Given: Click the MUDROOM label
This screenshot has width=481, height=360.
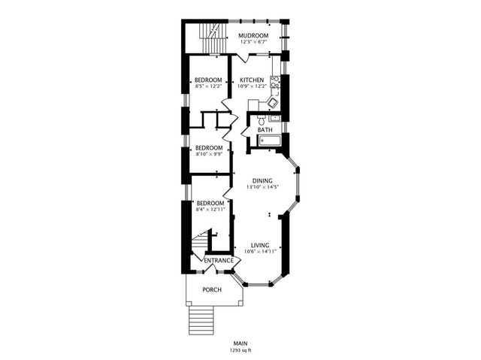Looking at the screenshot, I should coord(253,35).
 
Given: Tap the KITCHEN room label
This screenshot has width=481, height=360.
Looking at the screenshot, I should coord(252,80).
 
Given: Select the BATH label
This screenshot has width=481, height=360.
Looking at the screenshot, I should coord(265,130).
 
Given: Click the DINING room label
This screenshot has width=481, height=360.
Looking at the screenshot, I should coord(262,180).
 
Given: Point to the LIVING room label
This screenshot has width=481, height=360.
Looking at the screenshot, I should coord(260,245).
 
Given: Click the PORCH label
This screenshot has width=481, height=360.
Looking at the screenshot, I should coord(212,289).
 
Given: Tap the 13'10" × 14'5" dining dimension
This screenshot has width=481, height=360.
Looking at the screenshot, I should coord(262,187).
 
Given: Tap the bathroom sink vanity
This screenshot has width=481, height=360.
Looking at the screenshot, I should coord(275,117).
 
